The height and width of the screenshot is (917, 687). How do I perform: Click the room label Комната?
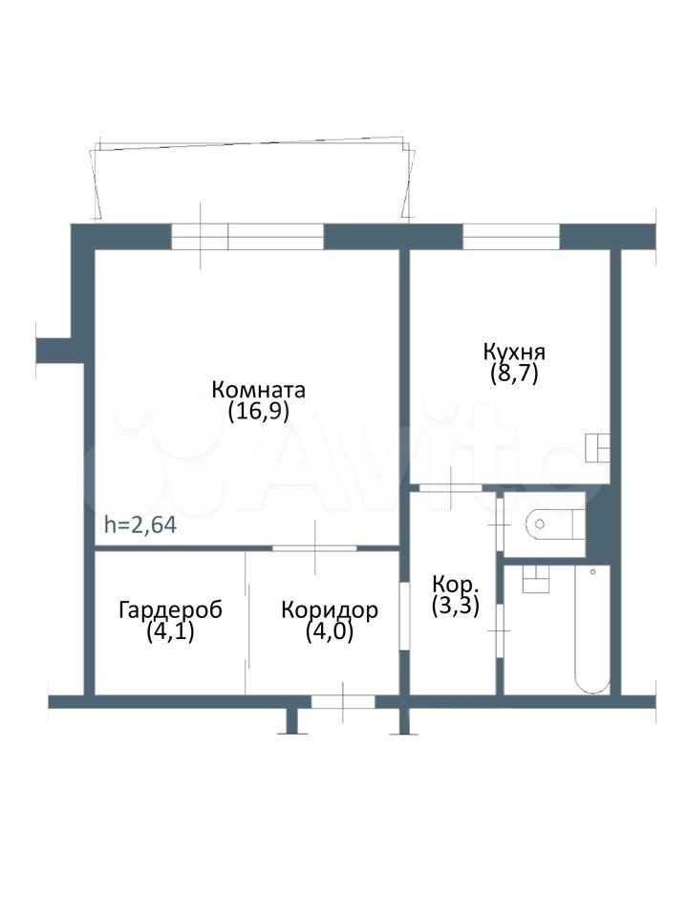(258, 389)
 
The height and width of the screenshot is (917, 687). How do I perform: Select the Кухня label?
(514, 352)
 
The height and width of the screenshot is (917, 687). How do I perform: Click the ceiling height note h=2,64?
(140, 524)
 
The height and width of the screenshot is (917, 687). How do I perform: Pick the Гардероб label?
(170, 610)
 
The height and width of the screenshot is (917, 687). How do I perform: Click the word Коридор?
(330, 610)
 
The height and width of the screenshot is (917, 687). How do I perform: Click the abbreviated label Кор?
(456, 584)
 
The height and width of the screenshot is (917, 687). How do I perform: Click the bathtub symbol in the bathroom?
(592, 629)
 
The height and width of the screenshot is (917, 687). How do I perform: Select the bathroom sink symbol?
(535, 579)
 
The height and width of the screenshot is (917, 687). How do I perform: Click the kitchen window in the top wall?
(511, 237)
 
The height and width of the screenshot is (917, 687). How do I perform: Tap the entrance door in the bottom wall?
(343, 701)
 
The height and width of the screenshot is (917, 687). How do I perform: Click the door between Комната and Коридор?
(314, 548)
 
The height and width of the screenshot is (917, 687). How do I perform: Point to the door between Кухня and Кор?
(451, 487)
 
